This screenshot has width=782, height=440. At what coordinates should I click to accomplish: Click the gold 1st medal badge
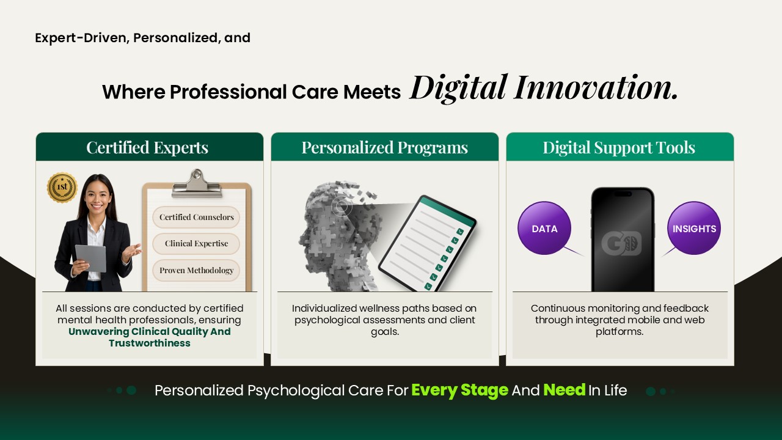pos(62,188)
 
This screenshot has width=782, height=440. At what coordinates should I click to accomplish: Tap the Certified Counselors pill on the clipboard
pos(196,217)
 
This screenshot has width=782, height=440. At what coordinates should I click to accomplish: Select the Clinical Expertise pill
pos(196,244)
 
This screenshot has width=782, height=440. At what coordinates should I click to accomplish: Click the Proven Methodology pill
pos(196,270)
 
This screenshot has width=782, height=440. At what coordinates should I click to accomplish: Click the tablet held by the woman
pos(91,258)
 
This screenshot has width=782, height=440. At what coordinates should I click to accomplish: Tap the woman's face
pos(97,196)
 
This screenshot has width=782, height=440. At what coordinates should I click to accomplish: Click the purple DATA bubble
pos(544,228)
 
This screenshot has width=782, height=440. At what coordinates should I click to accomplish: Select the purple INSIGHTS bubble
pos(694,228)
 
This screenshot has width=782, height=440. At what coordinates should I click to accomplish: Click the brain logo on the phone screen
pos(621,243)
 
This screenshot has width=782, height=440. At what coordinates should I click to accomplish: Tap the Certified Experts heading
pos(147,148)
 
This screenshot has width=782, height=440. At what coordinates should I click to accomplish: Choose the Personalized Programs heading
pos(385,148)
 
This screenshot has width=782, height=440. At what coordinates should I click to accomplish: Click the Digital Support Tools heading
pos(619,148)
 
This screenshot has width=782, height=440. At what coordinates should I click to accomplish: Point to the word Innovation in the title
pos(596,87)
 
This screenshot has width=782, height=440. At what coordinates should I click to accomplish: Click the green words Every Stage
pos(460,390)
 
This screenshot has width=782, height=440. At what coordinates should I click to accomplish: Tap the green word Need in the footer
pos(565,390)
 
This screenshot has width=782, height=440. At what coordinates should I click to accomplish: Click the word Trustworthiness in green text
pos(150,343)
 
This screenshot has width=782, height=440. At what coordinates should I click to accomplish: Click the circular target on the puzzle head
pos(341,207)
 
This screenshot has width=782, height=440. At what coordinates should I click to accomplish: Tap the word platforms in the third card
pos(619,332)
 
